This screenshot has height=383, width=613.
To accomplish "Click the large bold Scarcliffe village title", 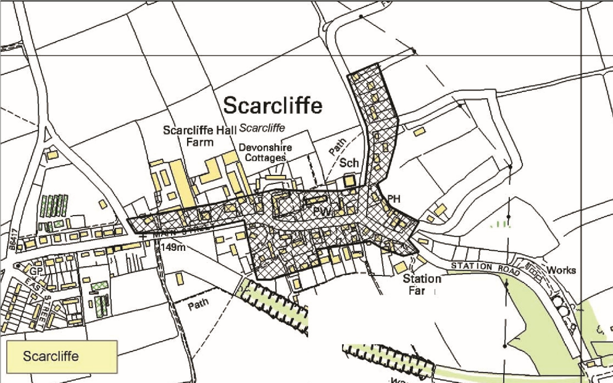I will [x=272, y=106].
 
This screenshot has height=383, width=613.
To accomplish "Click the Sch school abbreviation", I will [x=349, y=163].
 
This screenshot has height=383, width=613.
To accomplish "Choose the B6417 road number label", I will [x=13, y=237].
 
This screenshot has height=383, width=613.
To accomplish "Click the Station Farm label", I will [x=422, y=284].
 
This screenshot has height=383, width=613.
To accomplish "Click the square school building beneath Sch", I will [x=350, y=181].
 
